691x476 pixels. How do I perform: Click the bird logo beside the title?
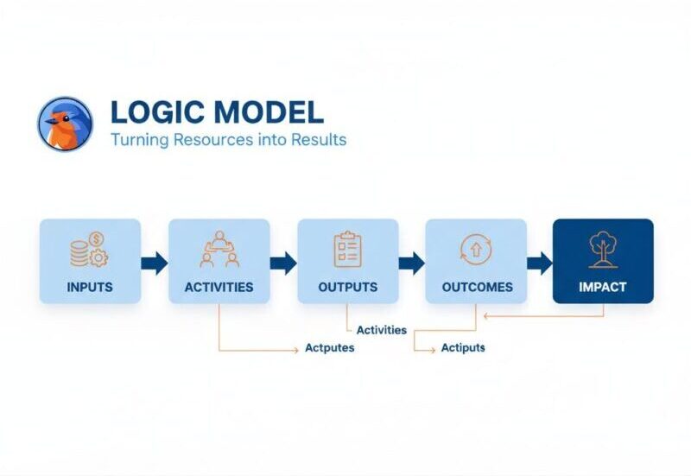pyautogui.click(x=65, y=124)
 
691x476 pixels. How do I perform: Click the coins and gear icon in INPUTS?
pyautogui.click(x=89, y=250)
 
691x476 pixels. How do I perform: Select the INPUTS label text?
pyautogui.click(x=90, y=287)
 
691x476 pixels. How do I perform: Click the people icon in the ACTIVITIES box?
pyautogui.click(x=219, y=250)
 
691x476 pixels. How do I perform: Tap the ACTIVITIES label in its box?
pyautogui.click(x=219, y=287)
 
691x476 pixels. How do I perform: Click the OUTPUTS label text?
pyautogui.click(x=347, y=287)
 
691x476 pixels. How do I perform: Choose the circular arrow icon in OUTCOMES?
pyautogui.click(x=475, y=250)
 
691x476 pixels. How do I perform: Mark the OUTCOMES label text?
pyautogui.click(x=477, y=287)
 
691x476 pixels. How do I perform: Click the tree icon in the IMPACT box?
pyautogui.click(x=603, y=249)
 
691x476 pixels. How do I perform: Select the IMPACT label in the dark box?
pyautogui.click(x=603, y=287)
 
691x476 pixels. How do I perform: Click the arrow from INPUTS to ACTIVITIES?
pyautogui.click(x=155, y=263)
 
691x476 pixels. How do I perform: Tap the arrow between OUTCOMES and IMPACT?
pyautogui.click(x=540, y=263)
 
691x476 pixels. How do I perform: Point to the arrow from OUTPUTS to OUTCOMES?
pyautogui.click(x=412, y=263)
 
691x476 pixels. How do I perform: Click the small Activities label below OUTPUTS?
pyautogui.click(x=381, y=329)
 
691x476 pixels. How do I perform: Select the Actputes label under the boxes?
pyautogui.click(x=329, y=348)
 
